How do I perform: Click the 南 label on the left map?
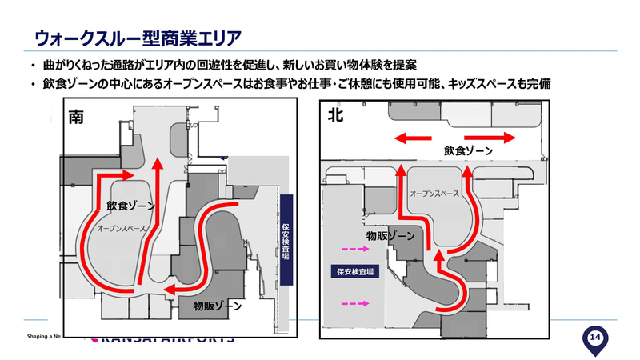(x=77, y=117)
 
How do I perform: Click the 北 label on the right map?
(x=335, y=115)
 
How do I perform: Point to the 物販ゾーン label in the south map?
(x=218, y=306)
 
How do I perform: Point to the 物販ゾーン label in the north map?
(x=390, y=237)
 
